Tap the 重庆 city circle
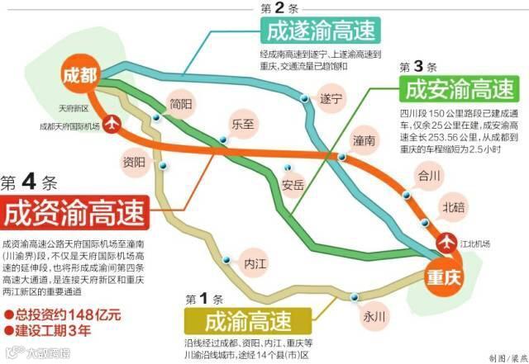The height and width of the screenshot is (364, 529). click(445, 276)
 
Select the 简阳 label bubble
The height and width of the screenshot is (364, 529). click(179, 105)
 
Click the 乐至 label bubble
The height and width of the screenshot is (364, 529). click(242, 124)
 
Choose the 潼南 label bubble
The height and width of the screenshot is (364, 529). click(364, 141)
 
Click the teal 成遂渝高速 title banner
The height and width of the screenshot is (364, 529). click(322, 31)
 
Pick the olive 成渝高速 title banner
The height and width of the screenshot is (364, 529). click(247, 319)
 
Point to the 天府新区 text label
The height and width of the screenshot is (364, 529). click(74, 109)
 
